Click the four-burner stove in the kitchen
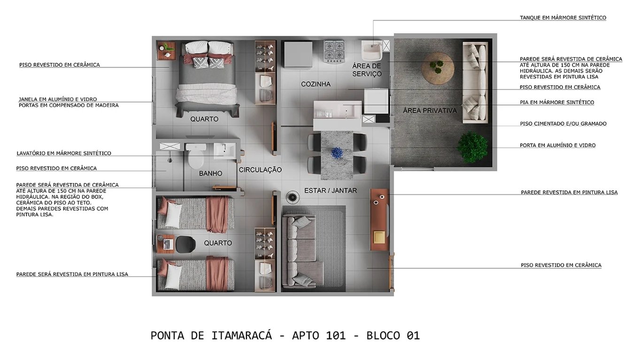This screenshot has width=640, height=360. pyautogui.click(x=334, y=51)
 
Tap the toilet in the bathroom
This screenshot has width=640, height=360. pyautogui.click(x=193, y=158)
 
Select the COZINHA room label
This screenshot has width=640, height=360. pyautogui.click(x=316, y=84)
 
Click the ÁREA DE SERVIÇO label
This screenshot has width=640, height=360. pyautogui.click(x=367, y=70)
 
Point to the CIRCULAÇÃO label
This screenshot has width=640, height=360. pyautogui.click(x=260, y=170)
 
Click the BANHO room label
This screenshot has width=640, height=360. pyautogui.click(x=210, y=174)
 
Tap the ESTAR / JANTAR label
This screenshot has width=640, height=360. pyautogui.click(x=331, y=191)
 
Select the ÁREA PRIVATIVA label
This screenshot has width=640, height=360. pyautogui.click(x=430, y=111)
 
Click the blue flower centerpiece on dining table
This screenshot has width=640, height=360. pyautogui.click(x=337, y=153)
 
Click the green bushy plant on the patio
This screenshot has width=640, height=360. pyautogui.click(x=472, y=147)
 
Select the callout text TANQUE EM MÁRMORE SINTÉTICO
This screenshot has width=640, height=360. pyautogui.click(x=563, y=18)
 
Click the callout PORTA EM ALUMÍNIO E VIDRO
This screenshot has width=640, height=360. pyautogui.click(x=557, y=146)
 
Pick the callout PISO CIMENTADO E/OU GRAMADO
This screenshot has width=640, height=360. pyautogui.click(x=563, y=124)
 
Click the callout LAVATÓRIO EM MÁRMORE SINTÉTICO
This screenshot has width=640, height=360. pyautogui.click(x=64, y=153)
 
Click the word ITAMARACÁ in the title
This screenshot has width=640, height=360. pyautogui.click(x=241, y=336)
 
